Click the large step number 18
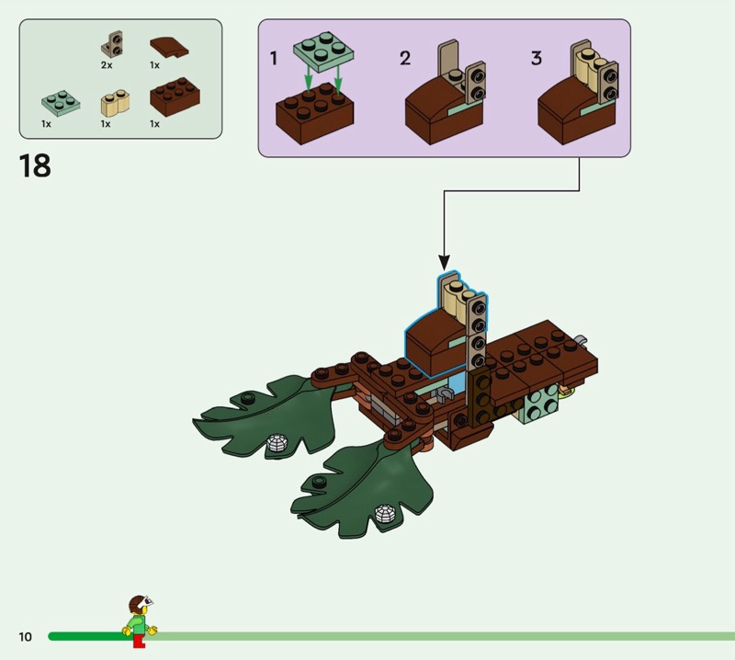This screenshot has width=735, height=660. tap(35, 166)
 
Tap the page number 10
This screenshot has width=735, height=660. tap(25, 636)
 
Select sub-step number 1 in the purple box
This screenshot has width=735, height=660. tap(273, 59)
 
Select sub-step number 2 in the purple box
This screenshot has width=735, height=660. tap(405, 59)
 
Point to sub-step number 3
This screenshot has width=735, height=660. tap(537, 59)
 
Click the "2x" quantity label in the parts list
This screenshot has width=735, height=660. tap(107, 66)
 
